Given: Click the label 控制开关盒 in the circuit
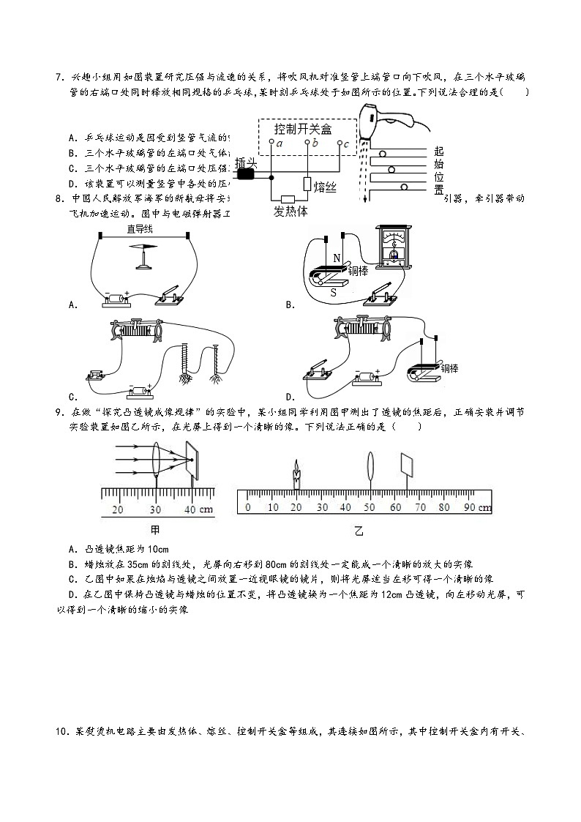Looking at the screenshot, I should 302,129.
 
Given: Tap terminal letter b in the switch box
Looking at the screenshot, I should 315,143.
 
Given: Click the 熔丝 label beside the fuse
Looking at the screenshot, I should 324,187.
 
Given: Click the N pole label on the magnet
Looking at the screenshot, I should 337,258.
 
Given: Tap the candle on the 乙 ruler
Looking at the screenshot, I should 297,476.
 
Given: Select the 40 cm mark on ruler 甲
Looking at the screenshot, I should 189,509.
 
